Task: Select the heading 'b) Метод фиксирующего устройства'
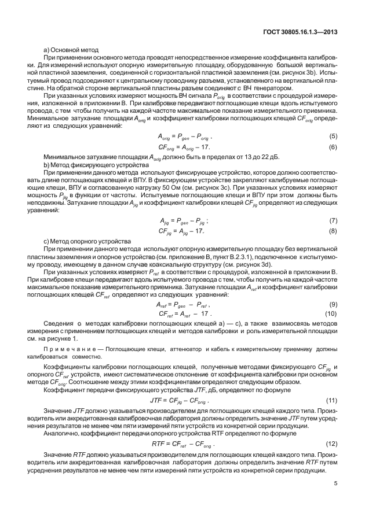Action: pos(93,164)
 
